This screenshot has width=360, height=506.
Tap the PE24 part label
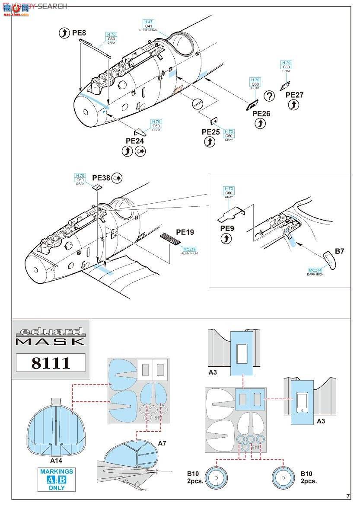tap(134, 141)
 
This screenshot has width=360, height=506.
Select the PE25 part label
tap(211, 132)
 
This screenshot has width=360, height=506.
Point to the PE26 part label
tap(261, 113)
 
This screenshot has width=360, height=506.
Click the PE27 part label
tap(294, 95)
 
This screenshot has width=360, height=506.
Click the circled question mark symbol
tap(270, 96)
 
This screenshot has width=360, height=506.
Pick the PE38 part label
tap(101, 177)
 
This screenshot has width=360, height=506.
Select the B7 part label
tap(339, 250)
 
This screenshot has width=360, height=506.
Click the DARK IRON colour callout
tap(315, 274)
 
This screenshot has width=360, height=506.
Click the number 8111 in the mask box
tap(51, 362)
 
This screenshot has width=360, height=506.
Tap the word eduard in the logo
tap(51, 332)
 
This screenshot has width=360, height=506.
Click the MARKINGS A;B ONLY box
tap(57, 479)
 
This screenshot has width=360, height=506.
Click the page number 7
tap(348, 496)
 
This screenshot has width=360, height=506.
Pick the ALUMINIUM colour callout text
tap(190, 253)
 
